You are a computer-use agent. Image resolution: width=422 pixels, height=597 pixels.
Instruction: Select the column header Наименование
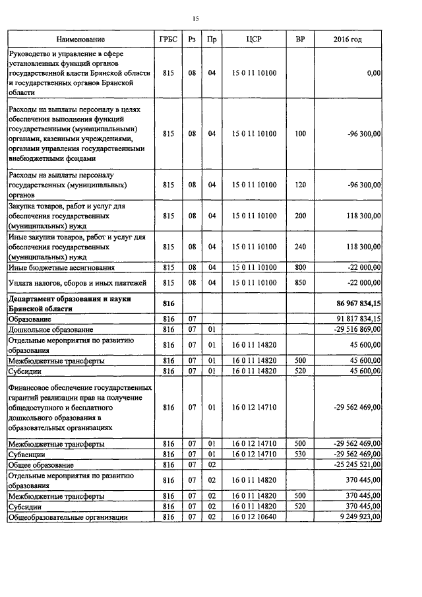[x=80, y=40]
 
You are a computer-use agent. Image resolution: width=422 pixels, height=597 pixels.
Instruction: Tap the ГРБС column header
[x=168, y=40]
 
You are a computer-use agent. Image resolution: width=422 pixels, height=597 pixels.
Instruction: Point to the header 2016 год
[x=347, y=40]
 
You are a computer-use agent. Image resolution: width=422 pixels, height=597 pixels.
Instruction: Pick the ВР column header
[x=301, y=40]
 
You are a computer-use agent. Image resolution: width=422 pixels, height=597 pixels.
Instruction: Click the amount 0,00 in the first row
[x=373, y=74]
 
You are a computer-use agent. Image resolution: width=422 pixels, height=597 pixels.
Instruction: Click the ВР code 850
[x=301, y=283]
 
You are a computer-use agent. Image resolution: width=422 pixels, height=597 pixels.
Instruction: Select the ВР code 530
[x=301, y=455]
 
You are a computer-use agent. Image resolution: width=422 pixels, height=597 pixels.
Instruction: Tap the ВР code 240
[x=301, y=246]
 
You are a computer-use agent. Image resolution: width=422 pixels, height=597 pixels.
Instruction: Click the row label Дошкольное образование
[x=51, y=329]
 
